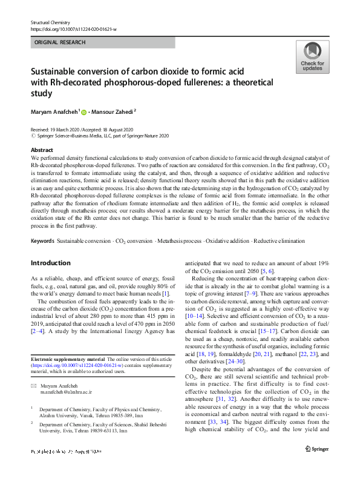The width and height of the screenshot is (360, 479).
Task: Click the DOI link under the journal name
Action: click(x=73, y=29)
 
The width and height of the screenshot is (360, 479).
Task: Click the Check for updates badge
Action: click(x=312, y=58)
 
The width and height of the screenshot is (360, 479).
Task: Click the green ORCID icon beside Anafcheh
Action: click(x=83, y=111)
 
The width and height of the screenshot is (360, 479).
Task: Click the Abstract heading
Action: click(x=42, y=150)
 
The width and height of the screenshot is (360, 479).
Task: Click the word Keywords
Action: click(x=42, y=242)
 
